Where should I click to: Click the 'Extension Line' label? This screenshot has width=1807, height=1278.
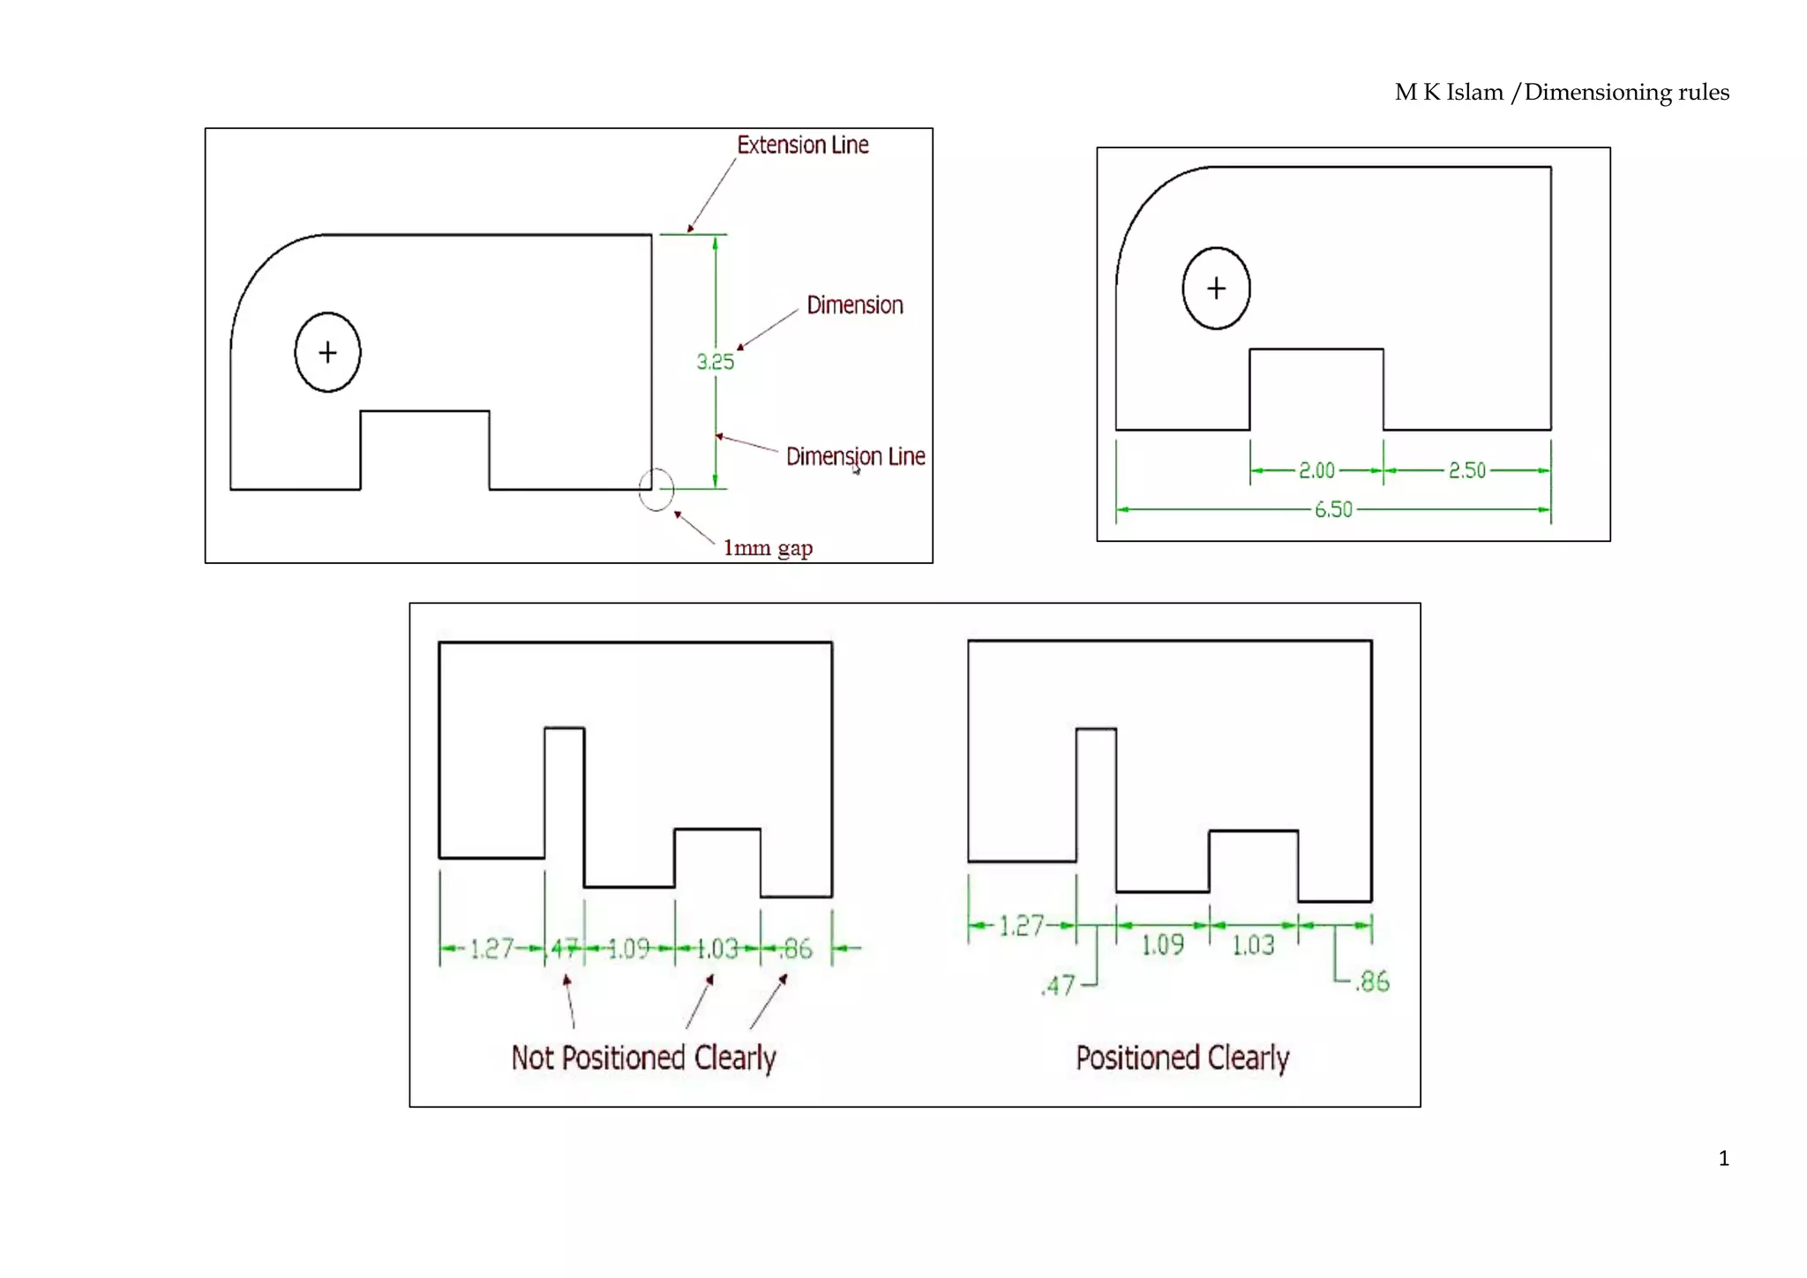[802, 145]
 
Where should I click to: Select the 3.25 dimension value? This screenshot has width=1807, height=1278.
[715, 362]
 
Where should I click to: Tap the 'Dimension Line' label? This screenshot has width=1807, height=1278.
[855, 456]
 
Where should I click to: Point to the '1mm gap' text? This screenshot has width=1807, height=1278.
[768, 548]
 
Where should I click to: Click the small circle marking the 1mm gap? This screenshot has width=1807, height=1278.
[656, 489]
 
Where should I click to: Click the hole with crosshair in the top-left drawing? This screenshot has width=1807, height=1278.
[327, 352]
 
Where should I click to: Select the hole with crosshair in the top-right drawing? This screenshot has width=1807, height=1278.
[1216, 289]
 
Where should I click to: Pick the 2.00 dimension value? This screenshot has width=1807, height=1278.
[1316, 470]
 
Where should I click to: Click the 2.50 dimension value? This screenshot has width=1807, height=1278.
[1467, 470]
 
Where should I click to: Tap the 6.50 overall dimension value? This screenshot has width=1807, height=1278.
[1333, 509]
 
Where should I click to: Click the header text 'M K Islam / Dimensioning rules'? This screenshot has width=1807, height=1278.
[1561, 93]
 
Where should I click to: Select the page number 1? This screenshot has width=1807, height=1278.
[1723, 1159]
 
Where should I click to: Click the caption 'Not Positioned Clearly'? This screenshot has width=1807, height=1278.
[643, 1057]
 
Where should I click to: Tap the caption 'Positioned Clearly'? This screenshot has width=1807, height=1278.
[1182, 1057]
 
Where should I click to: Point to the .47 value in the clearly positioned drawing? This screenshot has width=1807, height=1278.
[1058, 985]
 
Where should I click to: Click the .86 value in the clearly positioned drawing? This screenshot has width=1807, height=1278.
[1372, 981]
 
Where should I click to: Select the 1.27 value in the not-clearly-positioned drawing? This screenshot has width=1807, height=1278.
[491, 949]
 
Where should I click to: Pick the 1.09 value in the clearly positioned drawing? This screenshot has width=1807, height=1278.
[1162, 946]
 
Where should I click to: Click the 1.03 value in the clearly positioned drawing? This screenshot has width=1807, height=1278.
[1253, 946]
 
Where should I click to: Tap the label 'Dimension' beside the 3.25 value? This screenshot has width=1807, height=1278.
[854, 305]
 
